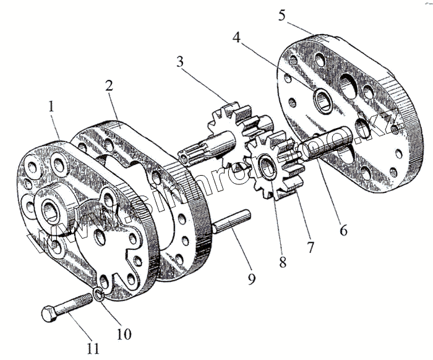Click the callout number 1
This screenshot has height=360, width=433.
[51, 106]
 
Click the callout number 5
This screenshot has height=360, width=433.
[282, 14]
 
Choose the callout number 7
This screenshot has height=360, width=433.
[310, 247]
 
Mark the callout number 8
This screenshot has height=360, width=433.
[282, 261]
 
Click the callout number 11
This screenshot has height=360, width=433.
[93, 348]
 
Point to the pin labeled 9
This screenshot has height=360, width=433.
[230, 221]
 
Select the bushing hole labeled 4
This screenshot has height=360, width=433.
[322, 100]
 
